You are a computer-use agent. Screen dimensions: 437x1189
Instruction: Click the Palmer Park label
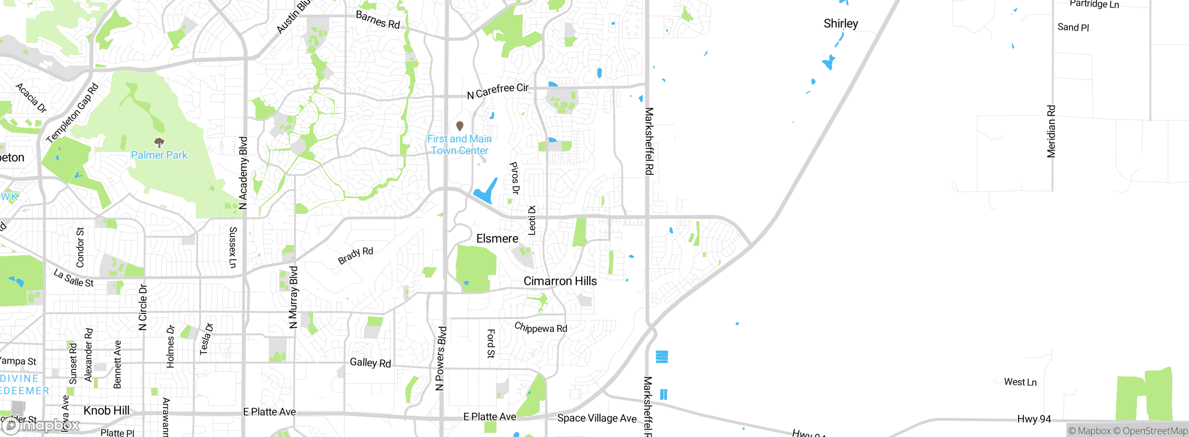(x=159, y=155)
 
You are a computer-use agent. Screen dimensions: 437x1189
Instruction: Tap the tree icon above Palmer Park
(x=159, y=142)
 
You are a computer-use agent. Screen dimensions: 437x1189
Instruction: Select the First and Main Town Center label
(x=459, y=145)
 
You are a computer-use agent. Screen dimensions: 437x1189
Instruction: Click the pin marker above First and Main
(x=460, y=126)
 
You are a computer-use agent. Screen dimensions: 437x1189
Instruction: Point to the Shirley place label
(x=841, y=24)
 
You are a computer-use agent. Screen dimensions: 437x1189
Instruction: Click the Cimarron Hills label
(x=560, y=281)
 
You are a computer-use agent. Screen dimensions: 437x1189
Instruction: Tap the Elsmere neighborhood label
(x=497, y=238)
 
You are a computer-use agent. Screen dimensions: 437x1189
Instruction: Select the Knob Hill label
(x=106, y=411)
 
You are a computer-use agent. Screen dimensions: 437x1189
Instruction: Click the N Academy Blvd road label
(x=243, y=173)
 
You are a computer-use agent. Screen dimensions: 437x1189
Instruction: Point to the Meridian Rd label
(x=1051, y=132)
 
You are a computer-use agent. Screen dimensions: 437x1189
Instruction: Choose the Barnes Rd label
(x=378, y=20)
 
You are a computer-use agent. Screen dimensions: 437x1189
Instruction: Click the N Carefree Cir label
(x=497, y=91)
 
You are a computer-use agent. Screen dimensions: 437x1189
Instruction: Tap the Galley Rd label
(x=370, y=363)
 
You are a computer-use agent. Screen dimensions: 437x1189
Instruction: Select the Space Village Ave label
(x=596, y=418)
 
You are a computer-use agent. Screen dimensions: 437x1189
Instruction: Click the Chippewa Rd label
(x=541, y=328)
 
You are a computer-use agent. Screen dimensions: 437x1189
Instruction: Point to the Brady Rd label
(x=355, y=256)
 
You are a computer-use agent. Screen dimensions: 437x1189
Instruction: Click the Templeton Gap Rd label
(x=72, y=113)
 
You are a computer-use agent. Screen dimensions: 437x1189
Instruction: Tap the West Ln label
(x=1020, y=382)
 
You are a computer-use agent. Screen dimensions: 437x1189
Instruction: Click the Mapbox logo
(x=41, y=425)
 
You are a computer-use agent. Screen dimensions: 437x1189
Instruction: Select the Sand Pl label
(x=1073, y=27)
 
